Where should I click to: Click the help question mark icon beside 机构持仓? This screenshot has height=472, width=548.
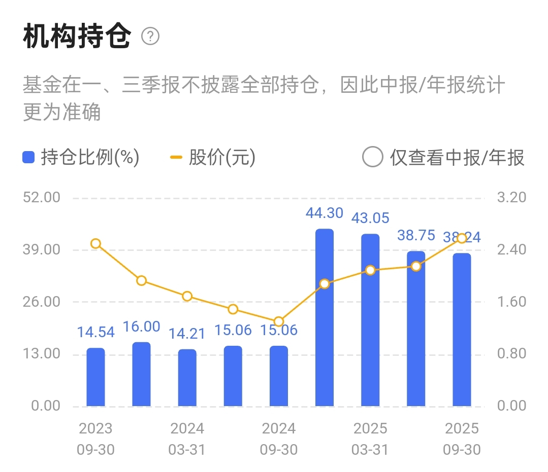[150, 37]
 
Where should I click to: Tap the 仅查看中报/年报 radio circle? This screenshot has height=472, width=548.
[372, 157]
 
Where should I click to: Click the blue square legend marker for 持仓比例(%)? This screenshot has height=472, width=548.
[28, 158]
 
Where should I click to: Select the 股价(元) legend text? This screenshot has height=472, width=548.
[222, 158]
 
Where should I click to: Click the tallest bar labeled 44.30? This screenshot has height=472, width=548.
[325, 317]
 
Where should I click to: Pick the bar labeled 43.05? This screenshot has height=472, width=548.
[370, 320]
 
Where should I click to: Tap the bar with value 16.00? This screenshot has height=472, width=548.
[141, 374]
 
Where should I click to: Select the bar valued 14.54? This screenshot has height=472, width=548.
[95, 377]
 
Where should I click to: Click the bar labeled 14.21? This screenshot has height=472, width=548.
[187, 378]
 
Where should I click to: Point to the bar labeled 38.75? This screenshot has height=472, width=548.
[416, 329]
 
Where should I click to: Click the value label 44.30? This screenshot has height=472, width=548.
[325, 213]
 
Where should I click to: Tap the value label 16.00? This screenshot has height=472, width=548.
[141, 326]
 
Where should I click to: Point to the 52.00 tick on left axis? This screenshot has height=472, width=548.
[42, 197]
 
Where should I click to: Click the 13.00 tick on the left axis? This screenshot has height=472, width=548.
[42, 353]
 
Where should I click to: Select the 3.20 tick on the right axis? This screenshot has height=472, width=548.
[511, 197]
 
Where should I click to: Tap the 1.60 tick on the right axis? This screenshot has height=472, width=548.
[511, 302]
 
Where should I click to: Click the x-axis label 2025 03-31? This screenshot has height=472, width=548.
[370, 439]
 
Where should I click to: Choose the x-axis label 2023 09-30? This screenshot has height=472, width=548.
[95, 439]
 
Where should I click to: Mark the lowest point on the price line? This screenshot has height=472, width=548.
[278, 321]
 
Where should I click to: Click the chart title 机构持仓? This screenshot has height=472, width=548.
[77, 37]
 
